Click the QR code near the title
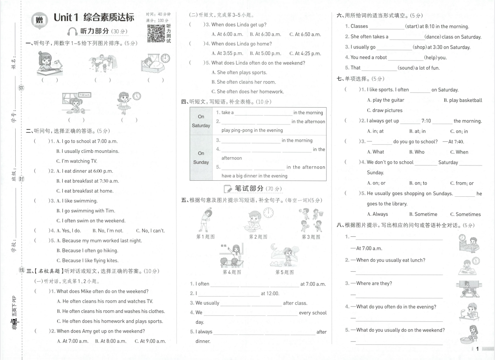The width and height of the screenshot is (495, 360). tap(156, 33)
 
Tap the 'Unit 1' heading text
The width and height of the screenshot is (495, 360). tap(66, 17)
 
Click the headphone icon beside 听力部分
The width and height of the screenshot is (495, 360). tap(72, 32)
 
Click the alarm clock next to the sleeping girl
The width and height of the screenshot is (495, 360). tap(165, 58)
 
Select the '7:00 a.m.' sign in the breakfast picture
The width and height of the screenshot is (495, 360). tap(85, 95)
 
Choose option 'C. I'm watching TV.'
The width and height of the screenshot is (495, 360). tap(76, 161)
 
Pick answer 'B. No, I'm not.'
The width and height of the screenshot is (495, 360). tap(108, 230)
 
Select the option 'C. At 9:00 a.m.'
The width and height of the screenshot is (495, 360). tap(150, 341)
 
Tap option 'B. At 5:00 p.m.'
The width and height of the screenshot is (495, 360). tap(266, 53)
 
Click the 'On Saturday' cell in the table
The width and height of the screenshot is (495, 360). tap(201, 121)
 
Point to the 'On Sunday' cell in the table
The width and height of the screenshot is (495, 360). tap(201, 158)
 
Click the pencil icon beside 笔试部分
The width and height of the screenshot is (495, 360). tap(228, 189)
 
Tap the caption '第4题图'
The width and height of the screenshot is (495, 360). tap(232, 272)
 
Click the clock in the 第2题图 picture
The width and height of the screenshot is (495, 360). tap(268, 213)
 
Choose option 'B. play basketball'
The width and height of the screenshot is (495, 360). tap(463, 100)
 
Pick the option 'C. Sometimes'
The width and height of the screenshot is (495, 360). tap(465, 214)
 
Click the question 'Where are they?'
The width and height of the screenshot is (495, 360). tap(374, 283)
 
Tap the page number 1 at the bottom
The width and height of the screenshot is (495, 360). tap(478, 348)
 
